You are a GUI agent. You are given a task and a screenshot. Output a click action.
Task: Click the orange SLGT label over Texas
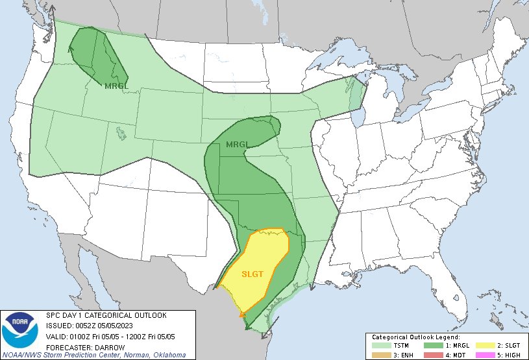click(252, 274)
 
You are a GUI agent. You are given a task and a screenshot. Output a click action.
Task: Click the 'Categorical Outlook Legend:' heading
click(415, 337)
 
